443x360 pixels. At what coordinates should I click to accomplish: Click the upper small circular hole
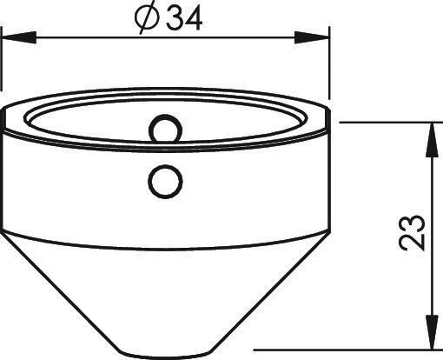pos(165,130)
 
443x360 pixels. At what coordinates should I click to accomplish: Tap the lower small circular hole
pos(165,181)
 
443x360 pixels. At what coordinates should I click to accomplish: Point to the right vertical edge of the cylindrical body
pos(330,174)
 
